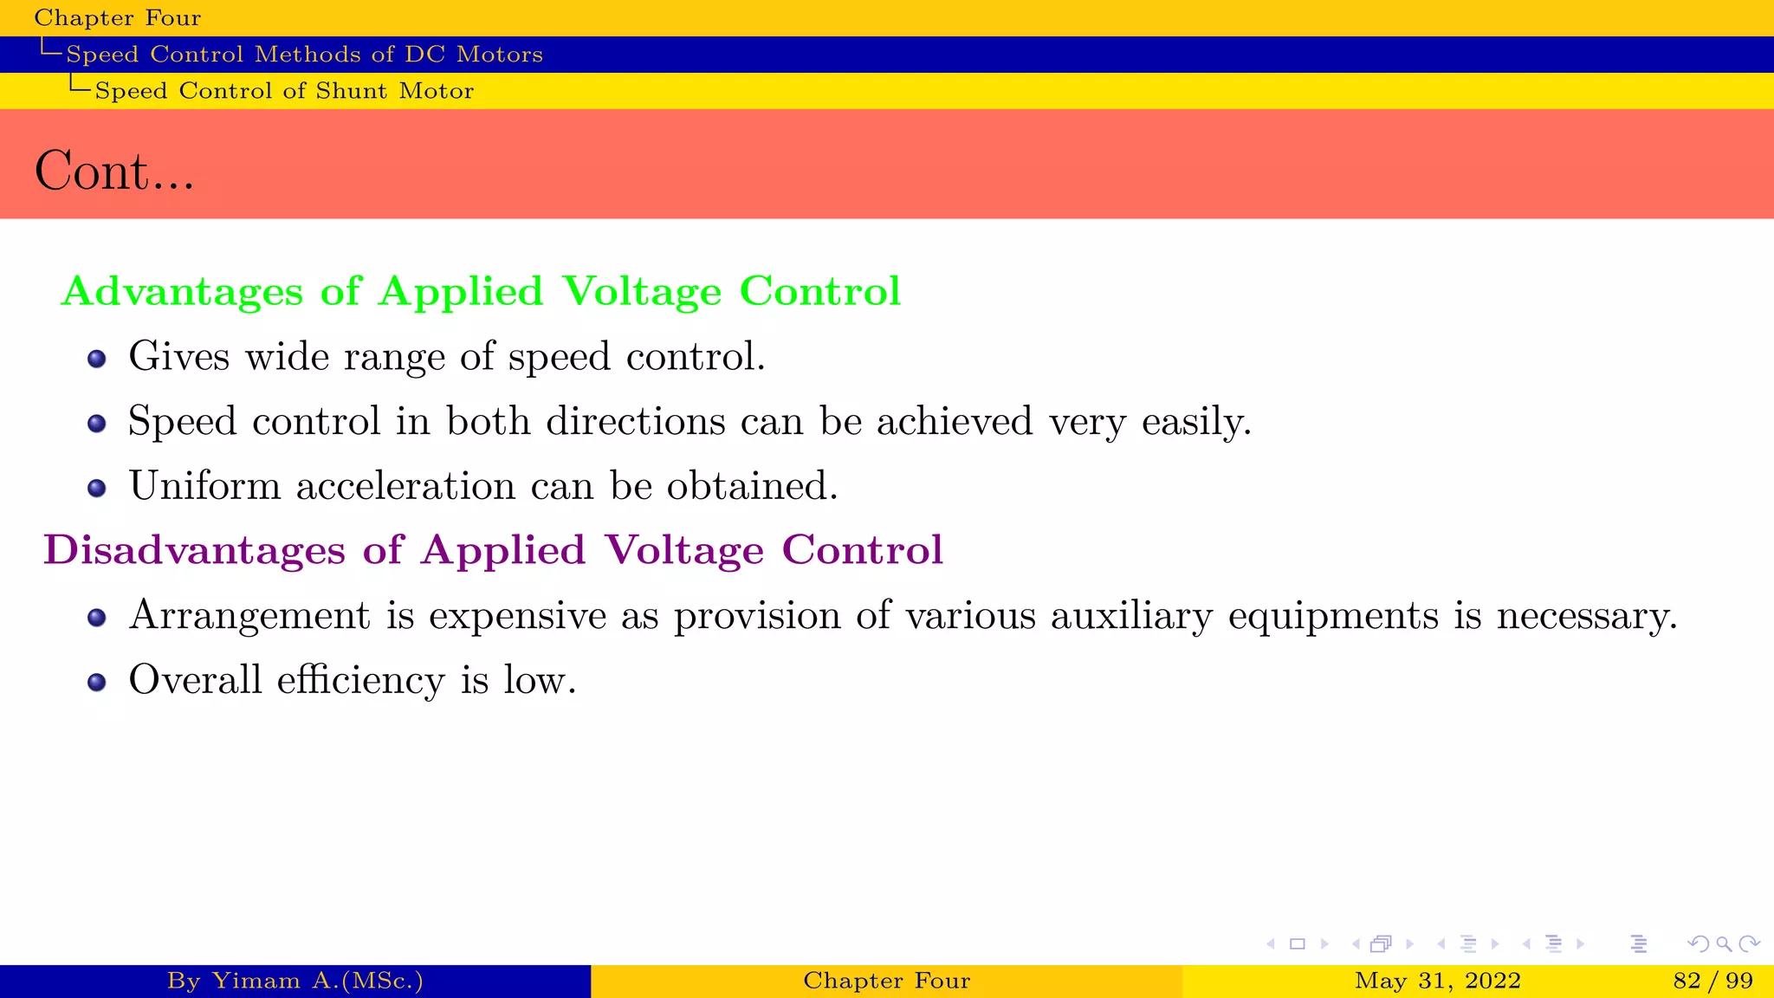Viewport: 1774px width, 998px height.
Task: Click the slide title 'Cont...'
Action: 113,171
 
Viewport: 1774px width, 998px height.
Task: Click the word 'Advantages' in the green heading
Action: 183,291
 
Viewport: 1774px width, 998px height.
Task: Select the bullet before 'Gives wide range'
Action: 97,359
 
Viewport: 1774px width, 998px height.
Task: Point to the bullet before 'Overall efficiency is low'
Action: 97,683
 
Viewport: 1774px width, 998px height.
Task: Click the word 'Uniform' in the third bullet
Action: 205,486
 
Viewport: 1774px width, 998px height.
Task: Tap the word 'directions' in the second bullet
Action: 636,422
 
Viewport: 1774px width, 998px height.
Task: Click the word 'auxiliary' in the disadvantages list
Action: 1131,617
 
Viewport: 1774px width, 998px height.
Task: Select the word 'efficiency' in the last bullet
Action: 360,680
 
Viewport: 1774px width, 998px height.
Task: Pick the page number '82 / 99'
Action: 1713,981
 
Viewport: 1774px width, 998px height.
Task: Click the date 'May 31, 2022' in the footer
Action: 1438,981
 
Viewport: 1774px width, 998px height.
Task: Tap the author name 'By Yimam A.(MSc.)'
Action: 295,981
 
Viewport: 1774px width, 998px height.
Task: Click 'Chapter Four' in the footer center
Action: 886,981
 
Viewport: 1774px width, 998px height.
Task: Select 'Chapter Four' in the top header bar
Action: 118,18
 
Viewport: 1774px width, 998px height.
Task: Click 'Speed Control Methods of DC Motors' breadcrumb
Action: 304,55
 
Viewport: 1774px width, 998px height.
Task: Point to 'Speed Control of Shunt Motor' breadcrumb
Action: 284,91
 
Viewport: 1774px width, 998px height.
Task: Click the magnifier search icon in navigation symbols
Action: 1724,944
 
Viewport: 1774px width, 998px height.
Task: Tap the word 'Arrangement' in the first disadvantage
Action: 249,617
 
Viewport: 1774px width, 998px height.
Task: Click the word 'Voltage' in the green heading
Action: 642,291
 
